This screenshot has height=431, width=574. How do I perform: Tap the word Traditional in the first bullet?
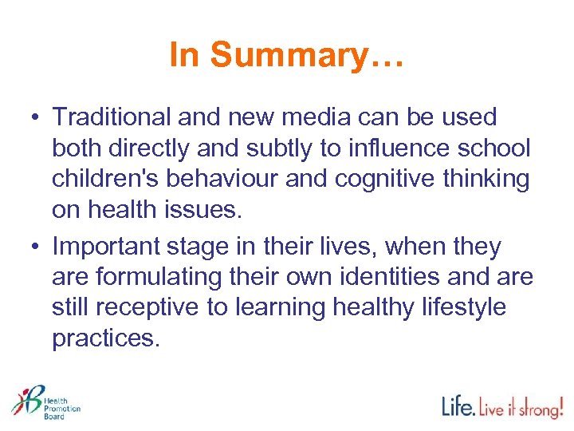tap(112, 117)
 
